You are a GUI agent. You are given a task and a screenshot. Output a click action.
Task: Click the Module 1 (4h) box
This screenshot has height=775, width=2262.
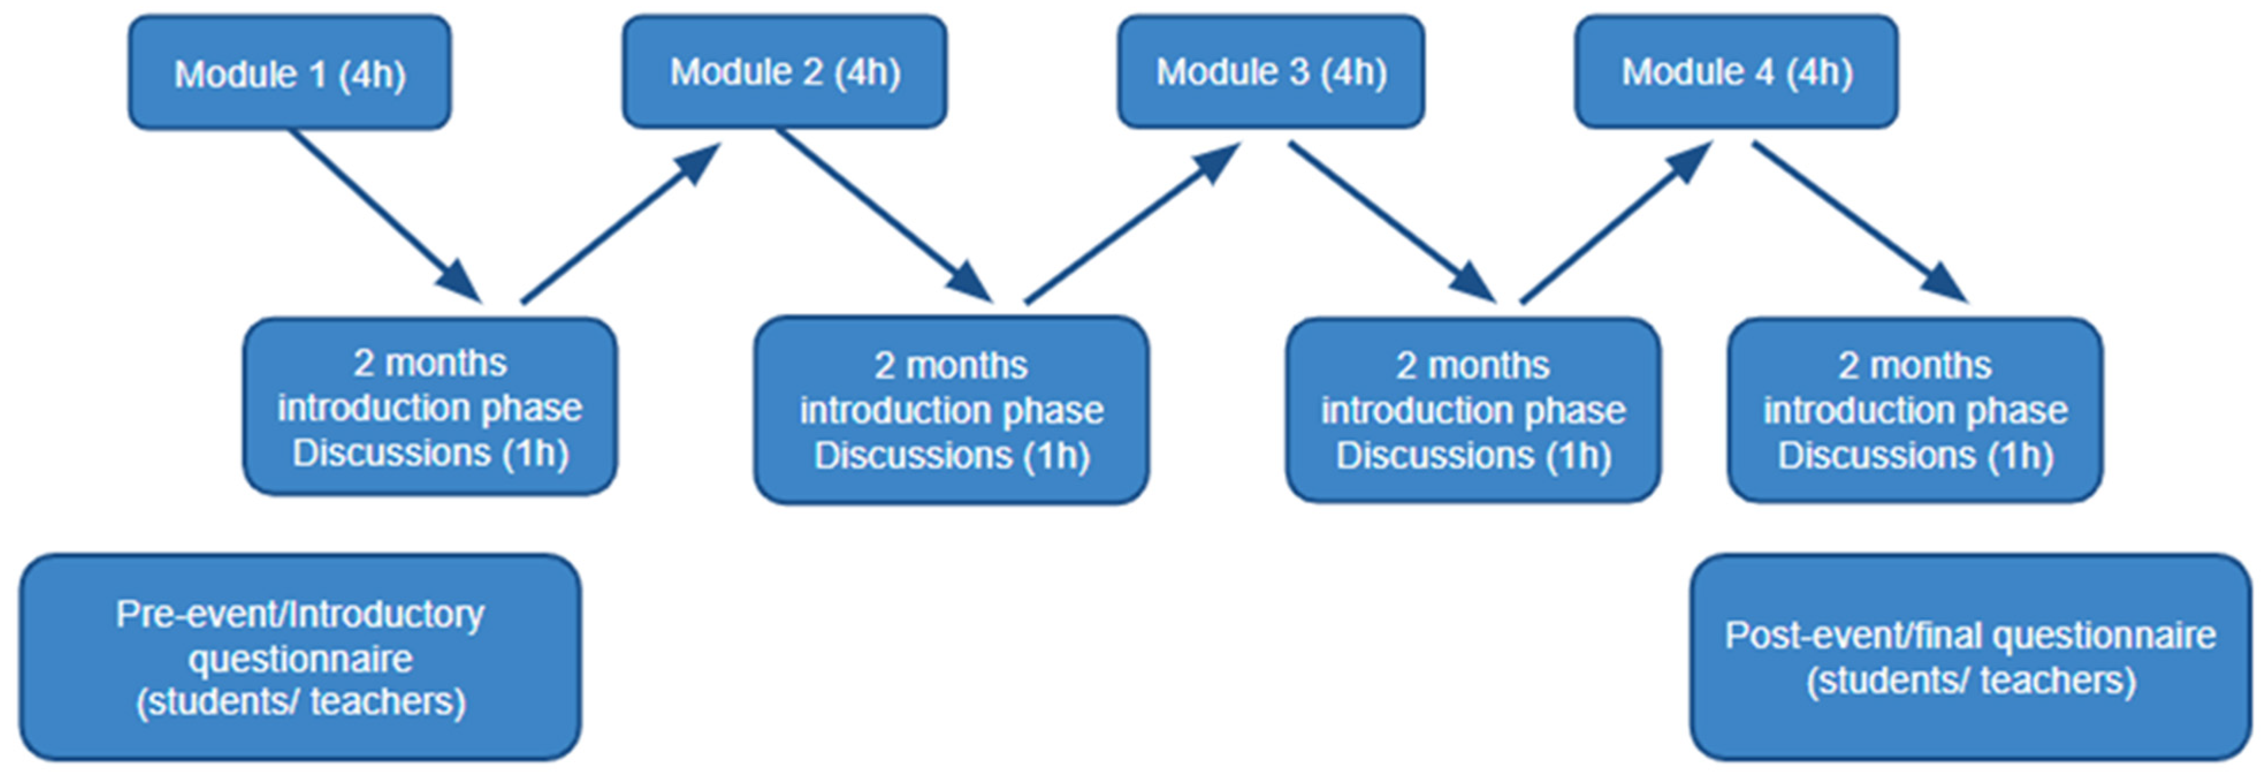coord(290,73)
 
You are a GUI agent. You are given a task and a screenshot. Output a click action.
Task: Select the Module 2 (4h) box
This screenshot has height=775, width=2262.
coord(784,71)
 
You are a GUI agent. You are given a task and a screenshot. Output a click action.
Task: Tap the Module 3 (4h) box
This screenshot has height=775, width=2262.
coord(1270,71)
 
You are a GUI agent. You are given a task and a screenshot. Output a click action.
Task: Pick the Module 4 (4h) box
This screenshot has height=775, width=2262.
coord(1736,71)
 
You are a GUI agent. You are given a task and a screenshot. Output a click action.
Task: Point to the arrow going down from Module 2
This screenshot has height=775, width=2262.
coord(883,216)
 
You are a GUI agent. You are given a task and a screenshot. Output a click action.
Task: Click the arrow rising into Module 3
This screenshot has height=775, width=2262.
coord(1133,224)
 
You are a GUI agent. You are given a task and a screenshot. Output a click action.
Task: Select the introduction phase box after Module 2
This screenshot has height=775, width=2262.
coord(951,409)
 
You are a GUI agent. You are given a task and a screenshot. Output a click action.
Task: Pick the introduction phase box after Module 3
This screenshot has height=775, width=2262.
coord(1473,409)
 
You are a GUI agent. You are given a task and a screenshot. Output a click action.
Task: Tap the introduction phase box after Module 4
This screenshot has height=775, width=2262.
coord(1914,409)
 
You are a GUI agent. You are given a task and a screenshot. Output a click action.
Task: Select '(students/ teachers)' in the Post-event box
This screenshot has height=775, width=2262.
coord(1970,680)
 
